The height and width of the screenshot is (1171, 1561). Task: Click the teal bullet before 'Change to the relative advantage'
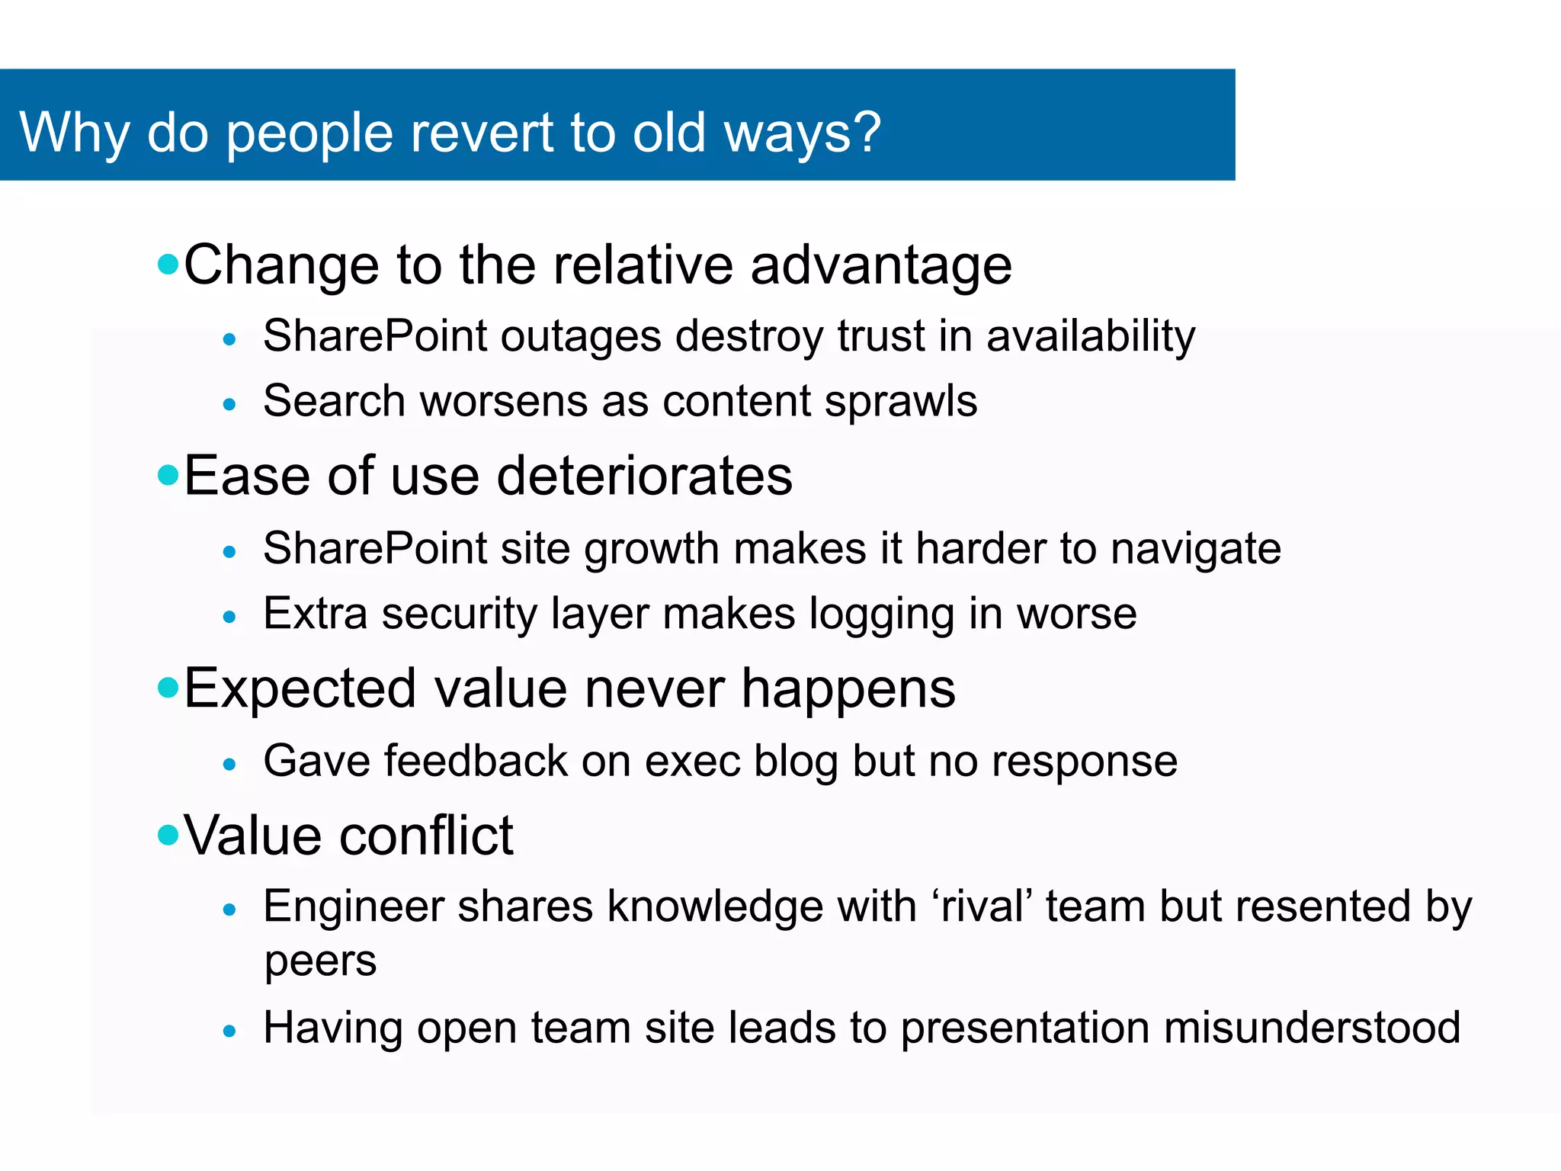pos(168,265)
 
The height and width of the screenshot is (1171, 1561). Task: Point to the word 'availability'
pos(1091,337)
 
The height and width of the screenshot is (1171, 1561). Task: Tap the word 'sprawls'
pos(900,402)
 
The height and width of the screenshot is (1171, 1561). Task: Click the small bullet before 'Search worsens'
pos(229,404)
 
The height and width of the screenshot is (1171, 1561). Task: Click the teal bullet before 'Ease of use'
pos(168,476)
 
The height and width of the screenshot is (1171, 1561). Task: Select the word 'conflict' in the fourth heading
pos(426,836)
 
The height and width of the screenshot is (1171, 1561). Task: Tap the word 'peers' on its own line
pos(320,962)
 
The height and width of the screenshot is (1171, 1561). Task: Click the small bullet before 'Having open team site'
pos(229,1031)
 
